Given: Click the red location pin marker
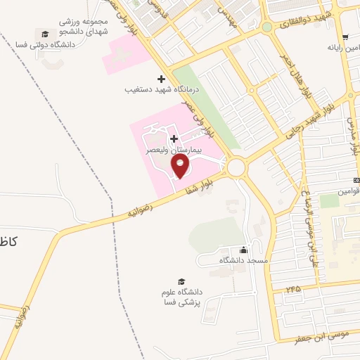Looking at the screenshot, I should pos(181,166).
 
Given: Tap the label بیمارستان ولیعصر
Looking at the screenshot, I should pos(174,150).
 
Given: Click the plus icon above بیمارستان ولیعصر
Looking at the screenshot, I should pos(174,139).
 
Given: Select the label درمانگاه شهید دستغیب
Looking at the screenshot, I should pos(153,90).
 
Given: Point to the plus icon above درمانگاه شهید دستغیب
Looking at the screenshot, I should pos(161,78).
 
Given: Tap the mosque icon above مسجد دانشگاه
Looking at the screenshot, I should pos(243,250).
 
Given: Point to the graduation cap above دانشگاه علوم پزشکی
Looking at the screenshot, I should pos(182,281).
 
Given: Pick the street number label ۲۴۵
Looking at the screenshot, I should pos(292,289).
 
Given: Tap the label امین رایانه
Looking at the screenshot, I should pos(343,49).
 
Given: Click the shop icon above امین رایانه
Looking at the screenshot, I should pos(344,37).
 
